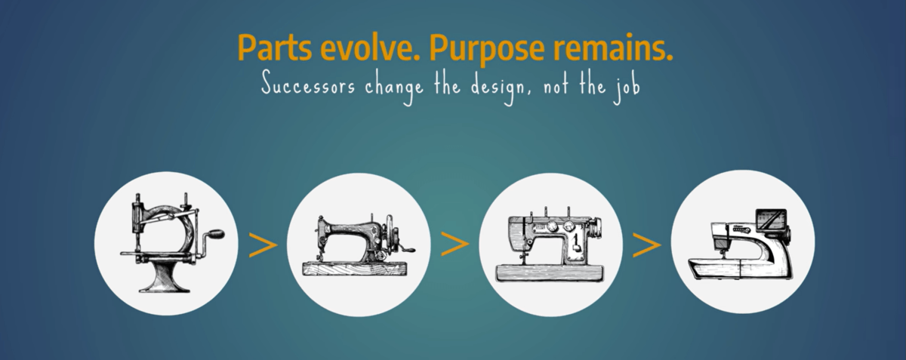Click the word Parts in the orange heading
pos(275,48)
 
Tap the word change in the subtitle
pos(394,88)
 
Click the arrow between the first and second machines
pos(263,245)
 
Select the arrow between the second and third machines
pos(455,244)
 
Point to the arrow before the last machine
pos(647,245)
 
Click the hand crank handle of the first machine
pos(217,234)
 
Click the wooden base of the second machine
pos(355,269)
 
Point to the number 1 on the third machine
pos(575,241)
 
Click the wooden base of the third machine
pos(550,272)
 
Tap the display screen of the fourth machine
pos(772,222)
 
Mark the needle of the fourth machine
pos(722,255)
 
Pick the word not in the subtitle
pos(557,86)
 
